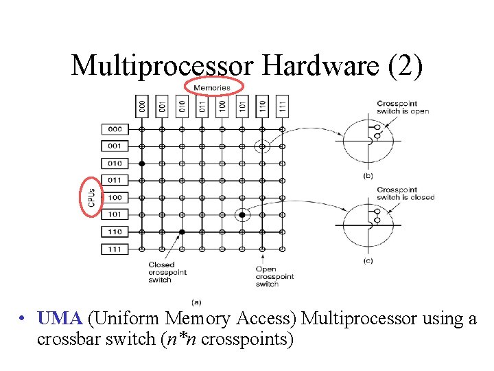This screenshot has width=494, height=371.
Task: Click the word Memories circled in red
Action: tap(213, 87)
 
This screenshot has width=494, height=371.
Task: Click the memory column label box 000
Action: tap(142, 105)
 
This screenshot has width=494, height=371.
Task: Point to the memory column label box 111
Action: tap(282, 105)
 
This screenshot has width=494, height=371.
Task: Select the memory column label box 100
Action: tap(222, 105)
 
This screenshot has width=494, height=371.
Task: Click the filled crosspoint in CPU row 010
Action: tap(142, 164)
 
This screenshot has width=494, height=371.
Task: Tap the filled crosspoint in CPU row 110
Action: tap(182, 232)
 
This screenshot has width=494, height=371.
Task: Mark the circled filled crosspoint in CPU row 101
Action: tap(242, 215)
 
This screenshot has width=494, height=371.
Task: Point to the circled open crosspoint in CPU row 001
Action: tap(262, 146)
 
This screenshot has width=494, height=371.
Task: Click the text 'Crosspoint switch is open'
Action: tap(403, 108)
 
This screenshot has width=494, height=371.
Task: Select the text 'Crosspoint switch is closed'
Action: tap(405, 193)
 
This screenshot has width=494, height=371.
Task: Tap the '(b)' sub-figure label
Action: tap(368, 176)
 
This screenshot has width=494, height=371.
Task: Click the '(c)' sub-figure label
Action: tap(368, 261)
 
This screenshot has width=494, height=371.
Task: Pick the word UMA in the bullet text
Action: tap(60, 318)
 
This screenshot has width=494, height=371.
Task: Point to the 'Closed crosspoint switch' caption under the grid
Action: tap(162, 272)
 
